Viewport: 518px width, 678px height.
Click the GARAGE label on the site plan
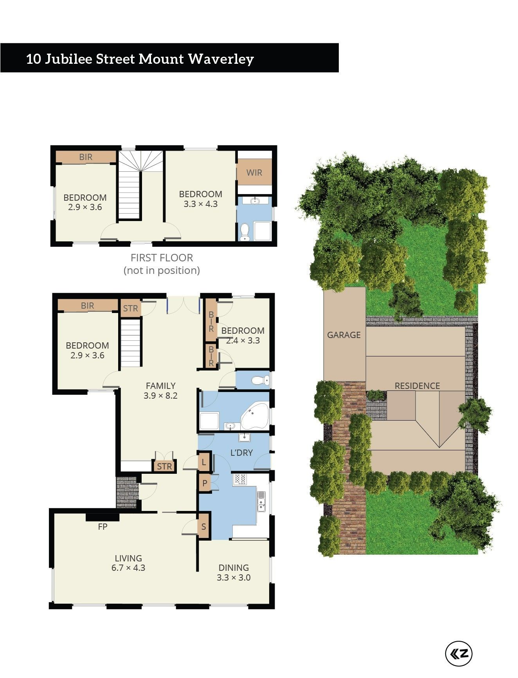344,335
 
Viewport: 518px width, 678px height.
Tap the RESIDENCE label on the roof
417,386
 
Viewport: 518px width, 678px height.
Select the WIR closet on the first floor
254,172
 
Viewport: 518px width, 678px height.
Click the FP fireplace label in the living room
103,527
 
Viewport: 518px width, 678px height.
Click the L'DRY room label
241,453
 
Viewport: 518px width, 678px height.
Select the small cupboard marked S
204,527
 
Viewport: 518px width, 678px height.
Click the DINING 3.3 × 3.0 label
234,572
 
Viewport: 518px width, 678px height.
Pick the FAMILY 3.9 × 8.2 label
160,390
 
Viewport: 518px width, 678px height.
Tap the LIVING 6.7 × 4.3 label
128,563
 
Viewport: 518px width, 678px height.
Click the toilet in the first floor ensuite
245,232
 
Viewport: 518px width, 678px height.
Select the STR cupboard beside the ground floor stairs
130,308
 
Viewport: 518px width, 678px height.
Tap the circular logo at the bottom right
459,653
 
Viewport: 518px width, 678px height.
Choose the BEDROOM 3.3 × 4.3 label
201,199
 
